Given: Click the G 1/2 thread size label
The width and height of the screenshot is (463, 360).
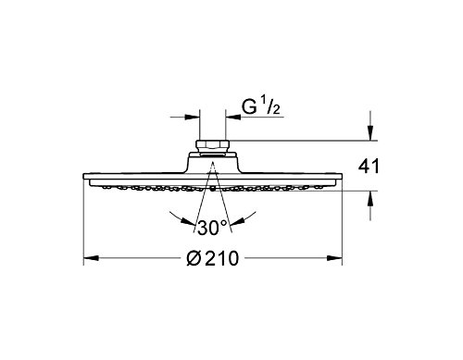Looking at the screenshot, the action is click(x=260, y=107).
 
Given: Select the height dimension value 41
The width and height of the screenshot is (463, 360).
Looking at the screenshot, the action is click(x=369, y=167).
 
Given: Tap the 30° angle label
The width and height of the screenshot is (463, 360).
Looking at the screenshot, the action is click(x=212, y=228).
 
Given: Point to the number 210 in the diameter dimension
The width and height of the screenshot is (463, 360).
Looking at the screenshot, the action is click(x=221, y=258).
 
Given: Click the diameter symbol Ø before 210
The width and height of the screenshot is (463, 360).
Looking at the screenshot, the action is click(x=194, y=258).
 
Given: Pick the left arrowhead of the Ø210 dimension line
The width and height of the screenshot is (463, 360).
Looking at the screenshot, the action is click(x=91, y=258).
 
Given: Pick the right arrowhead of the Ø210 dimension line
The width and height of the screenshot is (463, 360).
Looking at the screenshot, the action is click(x=334, y=258).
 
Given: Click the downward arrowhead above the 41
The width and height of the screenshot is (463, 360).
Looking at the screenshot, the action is click(x=371, y=132).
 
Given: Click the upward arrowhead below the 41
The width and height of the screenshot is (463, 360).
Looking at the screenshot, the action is click(x=371, y=199).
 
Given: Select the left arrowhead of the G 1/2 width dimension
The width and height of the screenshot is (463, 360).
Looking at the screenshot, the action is click(x=193, y=117).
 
